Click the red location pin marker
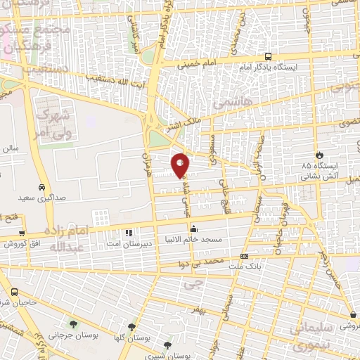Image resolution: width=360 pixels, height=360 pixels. [181, 165]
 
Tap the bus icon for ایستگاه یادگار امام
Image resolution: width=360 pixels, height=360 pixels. [268, 57]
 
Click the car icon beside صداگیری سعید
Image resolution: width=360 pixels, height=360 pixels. [43, 188]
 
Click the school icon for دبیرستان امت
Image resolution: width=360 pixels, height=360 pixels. [128, 233]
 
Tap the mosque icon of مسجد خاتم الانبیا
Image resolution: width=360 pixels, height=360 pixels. [194, 229]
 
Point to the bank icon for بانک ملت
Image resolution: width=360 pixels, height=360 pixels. [244, 257]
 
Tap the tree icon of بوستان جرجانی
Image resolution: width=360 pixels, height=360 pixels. [73, 325]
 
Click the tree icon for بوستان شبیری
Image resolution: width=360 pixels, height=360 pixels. [167, 345]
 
